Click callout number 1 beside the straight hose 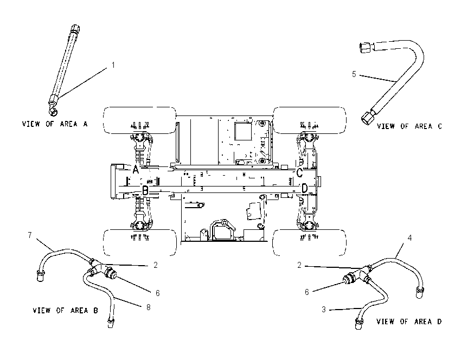[x=113, y=65]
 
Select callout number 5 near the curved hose [x=354, y=74]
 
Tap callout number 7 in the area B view [x=30, y=235]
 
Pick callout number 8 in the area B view [x=149, y=307]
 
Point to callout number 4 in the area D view [x=409, y=238]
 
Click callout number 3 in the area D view [x=324, y=310]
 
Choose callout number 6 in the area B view [x=158, y=293]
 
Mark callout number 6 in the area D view [x=306, y=292]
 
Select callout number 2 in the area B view [x=156, y=265]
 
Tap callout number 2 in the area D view [x=299, y=265]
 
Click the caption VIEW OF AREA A [x=55, y=124]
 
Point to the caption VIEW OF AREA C [x=409, y=126]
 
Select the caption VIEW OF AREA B [x=65, y=310]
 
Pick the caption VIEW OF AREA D [x=409, y=322]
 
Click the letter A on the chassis [x=135, y=170]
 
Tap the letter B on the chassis [x=145, y=190]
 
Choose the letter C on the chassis [x=299, y=172]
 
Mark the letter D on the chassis [x=305, y=188]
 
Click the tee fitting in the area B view [x=98, y=268]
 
